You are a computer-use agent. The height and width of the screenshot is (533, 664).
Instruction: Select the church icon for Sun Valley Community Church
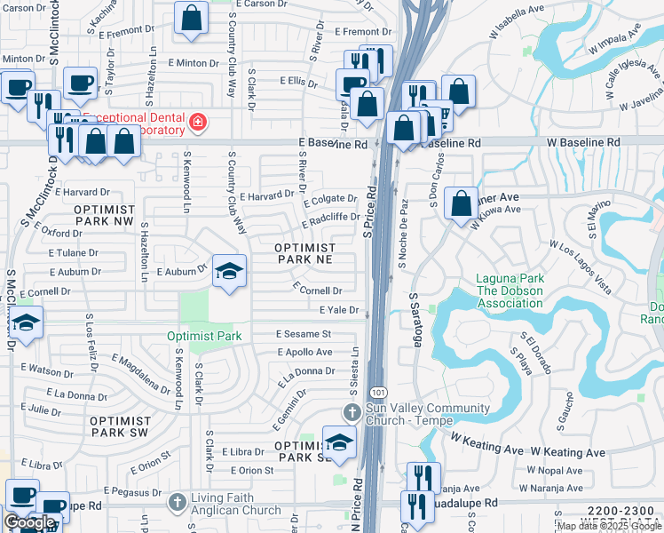click(352, 413)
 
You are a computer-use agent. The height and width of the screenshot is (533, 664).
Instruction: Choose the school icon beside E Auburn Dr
click(229, 271)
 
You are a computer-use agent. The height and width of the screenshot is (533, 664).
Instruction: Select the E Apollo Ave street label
click(304, 352)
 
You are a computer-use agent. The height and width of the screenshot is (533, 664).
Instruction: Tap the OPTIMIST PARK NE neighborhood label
click(304, 253)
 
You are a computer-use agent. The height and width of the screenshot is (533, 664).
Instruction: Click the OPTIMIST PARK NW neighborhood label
click(104, 214)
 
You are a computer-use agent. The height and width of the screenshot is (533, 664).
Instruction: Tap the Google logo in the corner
click(29, 522)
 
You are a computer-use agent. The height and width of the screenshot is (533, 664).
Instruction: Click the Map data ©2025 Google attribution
click(608, 526)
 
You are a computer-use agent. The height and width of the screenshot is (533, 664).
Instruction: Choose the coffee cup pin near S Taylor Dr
click(80, 83)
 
